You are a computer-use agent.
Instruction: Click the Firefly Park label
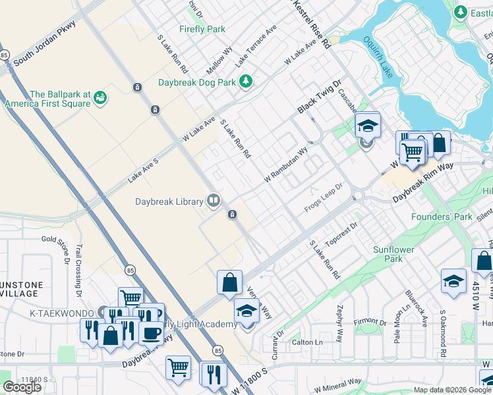tap(202, 29)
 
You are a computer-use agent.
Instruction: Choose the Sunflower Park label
tap(393, 254)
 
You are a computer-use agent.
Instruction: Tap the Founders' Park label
tap(441, 217)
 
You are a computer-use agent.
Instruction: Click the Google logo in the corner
tap(22, 387)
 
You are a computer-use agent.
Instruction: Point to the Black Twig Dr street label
tap(320, 97)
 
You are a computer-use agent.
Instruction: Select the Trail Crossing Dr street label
tap(78, 267)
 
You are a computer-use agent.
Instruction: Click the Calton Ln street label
tap(307, 342)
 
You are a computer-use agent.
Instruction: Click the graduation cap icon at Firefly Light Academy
tap(246, 310)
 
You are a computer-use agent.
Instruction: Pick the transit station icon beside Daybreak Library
tap(232, 215)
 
